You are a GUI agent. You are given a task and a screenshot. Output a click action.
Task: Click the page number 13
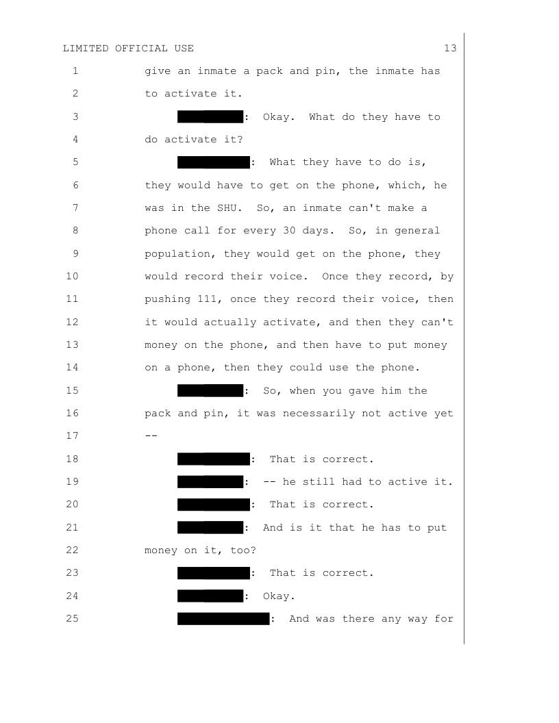point(450,48)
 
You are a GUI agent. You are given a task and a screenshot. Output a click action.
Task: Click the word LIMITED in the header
point(86,48)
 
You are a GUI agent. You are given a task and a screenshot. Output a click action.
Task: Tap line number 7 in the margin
point(75,208)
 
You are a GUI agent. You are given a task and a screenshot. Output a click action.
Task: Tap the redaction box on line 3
point(210,116)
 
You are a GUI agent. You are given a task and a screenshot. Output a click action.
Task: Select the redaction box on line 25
point(223,619)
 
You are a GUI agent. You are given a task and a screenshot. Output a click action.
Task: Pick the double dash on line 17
point(151,436)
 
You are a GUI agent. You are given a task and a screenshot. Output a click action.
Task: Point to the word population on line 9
point(177,253)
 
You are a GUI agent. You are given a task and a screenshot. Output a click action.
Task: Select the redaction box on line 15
point(210,390)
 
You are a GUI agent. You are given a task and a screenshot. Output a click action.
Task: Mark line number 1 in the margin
point(75,71)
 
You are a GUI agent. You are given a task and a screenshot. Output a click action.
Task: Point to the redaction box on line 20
point(214,505)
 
